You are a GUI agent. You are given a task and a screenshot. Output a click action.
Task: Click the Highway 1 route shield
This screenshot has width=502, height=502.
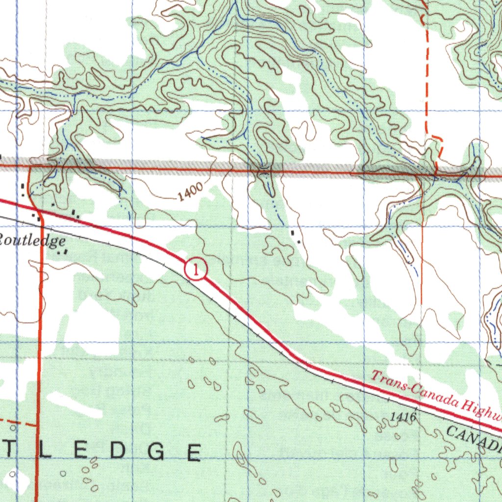click(196, 270)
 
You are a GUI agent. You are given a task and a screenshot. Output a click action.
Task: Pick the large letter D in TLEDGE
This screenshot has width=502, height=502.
click(118, 452)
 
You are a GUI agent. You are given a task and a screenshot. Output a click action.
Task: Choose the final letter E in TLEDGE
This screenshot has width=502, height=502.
click(193, 452)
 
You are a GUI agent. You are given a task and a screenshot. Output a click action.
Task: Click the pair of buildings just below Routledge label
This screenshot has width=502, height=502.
click(62, 251)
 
